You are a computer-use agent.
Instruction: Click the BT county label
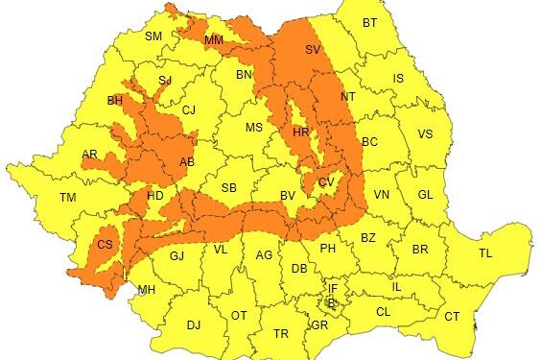point(369,23)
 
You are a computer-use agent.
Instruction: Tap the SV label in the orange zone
point(313,49)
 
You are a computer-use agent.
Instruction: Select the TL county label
point(485,253)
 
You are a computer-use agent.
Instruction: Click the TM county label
point(67,198)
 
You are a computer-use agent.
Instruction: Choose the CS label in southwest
point(106,246)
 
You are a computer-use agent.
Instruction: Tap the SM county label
point(153,36)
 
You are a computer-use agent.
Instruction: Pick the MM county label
point(213,40)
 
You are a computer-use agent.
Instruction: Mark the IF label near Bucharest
point(333,288)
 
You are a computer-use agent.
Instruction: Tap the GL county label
point(426,194)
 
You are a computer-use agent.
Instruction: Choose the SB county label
point(228,188)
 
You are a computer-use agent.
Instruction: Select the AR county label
point(89,155)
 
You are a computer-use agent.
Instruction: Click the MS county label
point(253,128)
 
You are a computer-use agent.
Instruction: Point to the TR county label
point(280,334)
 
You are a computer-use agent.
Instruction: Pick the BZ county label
point(367,237)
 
